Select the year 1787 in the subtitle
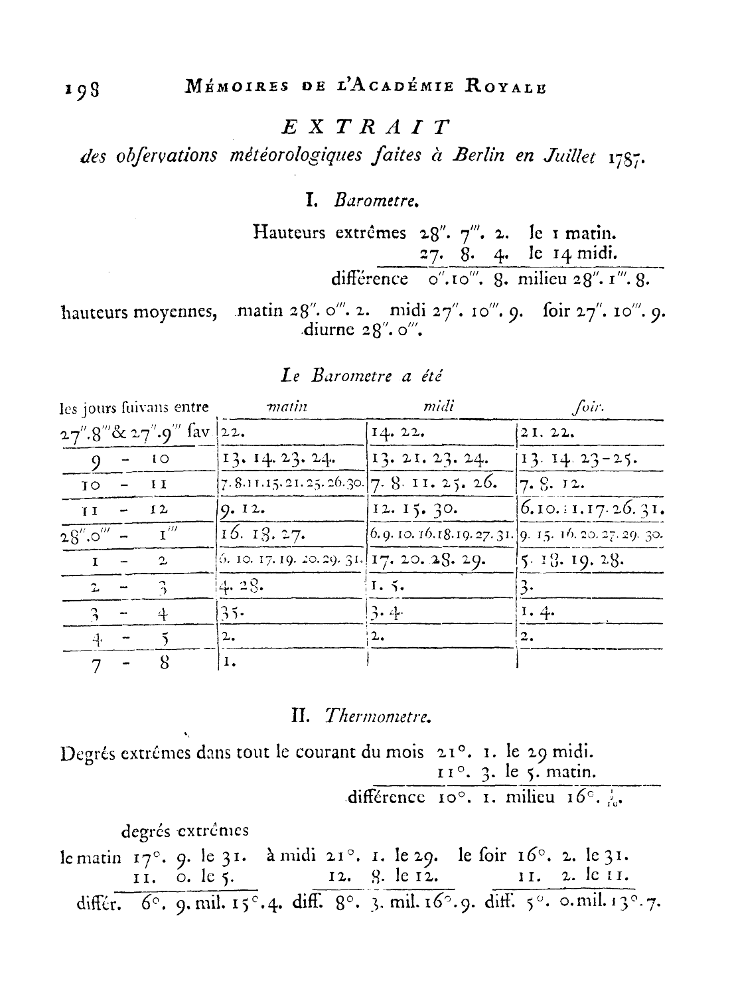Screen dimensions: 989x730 point(626,157)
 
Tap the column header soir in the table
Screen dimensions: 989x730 point(587,406)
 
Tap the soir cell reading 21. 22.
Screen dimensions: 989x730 point(546,433)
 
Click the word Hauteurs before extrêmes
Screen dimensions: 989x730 point(290,233)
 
